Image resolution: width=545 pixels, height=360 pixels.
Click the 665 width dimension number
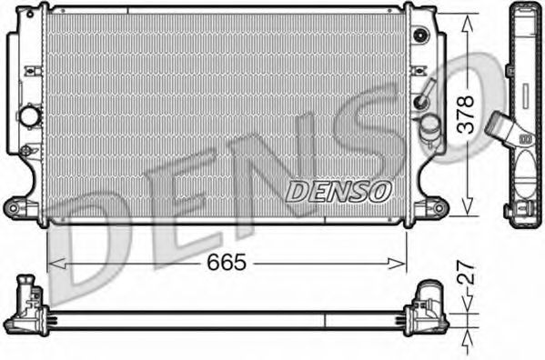coord(227,262)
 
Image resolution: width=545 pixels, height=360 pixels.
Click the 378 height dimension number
coord(466,115)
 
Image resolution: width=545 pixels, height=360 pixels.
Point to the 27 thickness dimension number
coord(466,273)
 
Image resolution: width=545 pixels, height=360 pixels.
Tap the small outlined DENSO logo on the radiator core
coord(338,191)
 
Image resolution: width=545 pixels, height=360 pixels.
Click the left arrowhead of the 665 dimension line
coord(56,264)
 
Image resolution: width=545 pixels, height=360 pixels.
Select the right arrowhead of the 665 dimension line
coord(397,264)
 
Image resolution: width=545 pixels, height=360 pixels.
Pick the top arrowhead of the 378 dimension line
coord(468,23)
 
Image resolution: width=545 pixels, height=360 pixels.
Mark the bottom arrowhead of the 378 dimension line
coord(468,205)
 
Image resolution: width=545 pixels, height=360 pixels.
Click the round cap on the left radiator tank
coord(29,116)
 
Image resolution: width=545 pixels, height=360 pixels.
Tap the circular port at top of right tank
coord(421,35)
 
